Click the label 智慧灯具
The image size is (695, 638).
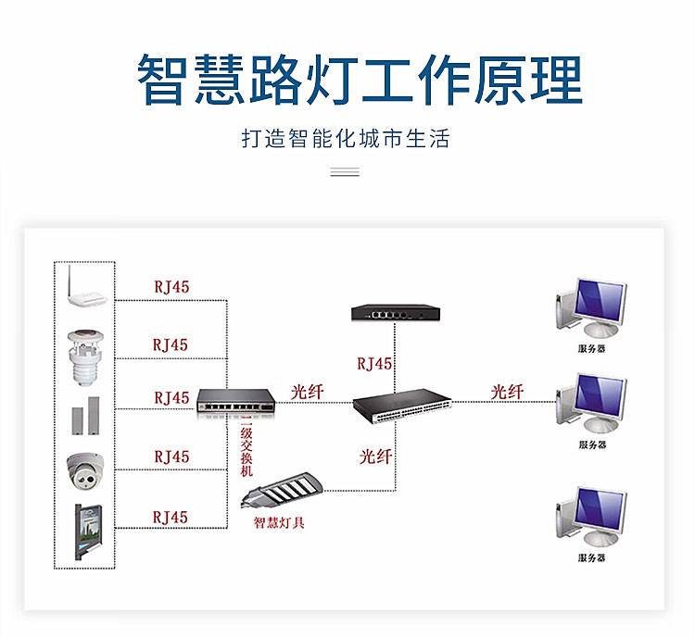pyautogui.click(x=280, y=522)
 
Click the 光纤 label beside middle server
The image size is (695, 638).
pyautogui.click(x=507, y=392)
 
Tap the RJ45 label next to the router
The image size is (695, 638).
pyautogui.click(x=171, y=287)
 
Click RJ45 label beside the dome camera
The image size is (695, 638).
pyautogui.click(x=171, y=457)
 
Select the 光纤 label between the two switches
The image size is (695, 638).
pyautogui.click(x=308, y=392)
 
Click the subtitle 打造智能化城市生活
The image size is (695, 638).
pyautogui.click(x=345, y=140)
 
